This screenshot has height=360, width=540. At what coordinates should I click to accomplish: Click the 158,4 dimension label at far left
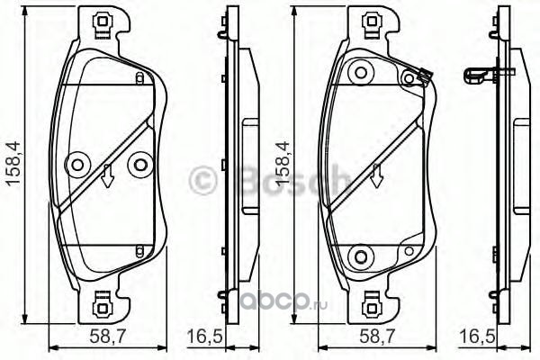tap(14, 164)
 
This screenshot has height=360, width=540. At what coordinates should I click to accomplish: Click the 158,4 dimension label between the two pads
tap(282, 164)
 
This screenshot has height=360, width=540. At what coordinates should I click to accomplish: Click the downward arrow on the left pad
tap(108, 175)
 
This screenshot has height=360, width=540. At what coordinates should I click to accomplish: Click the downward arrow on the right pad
tap(376, 175)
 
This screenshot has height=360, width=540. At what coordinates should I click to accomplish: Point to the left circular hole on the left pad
tap(76, 165)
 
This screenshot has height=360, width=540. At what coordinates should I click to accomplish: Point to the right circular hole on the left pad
tap(140, 165)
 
